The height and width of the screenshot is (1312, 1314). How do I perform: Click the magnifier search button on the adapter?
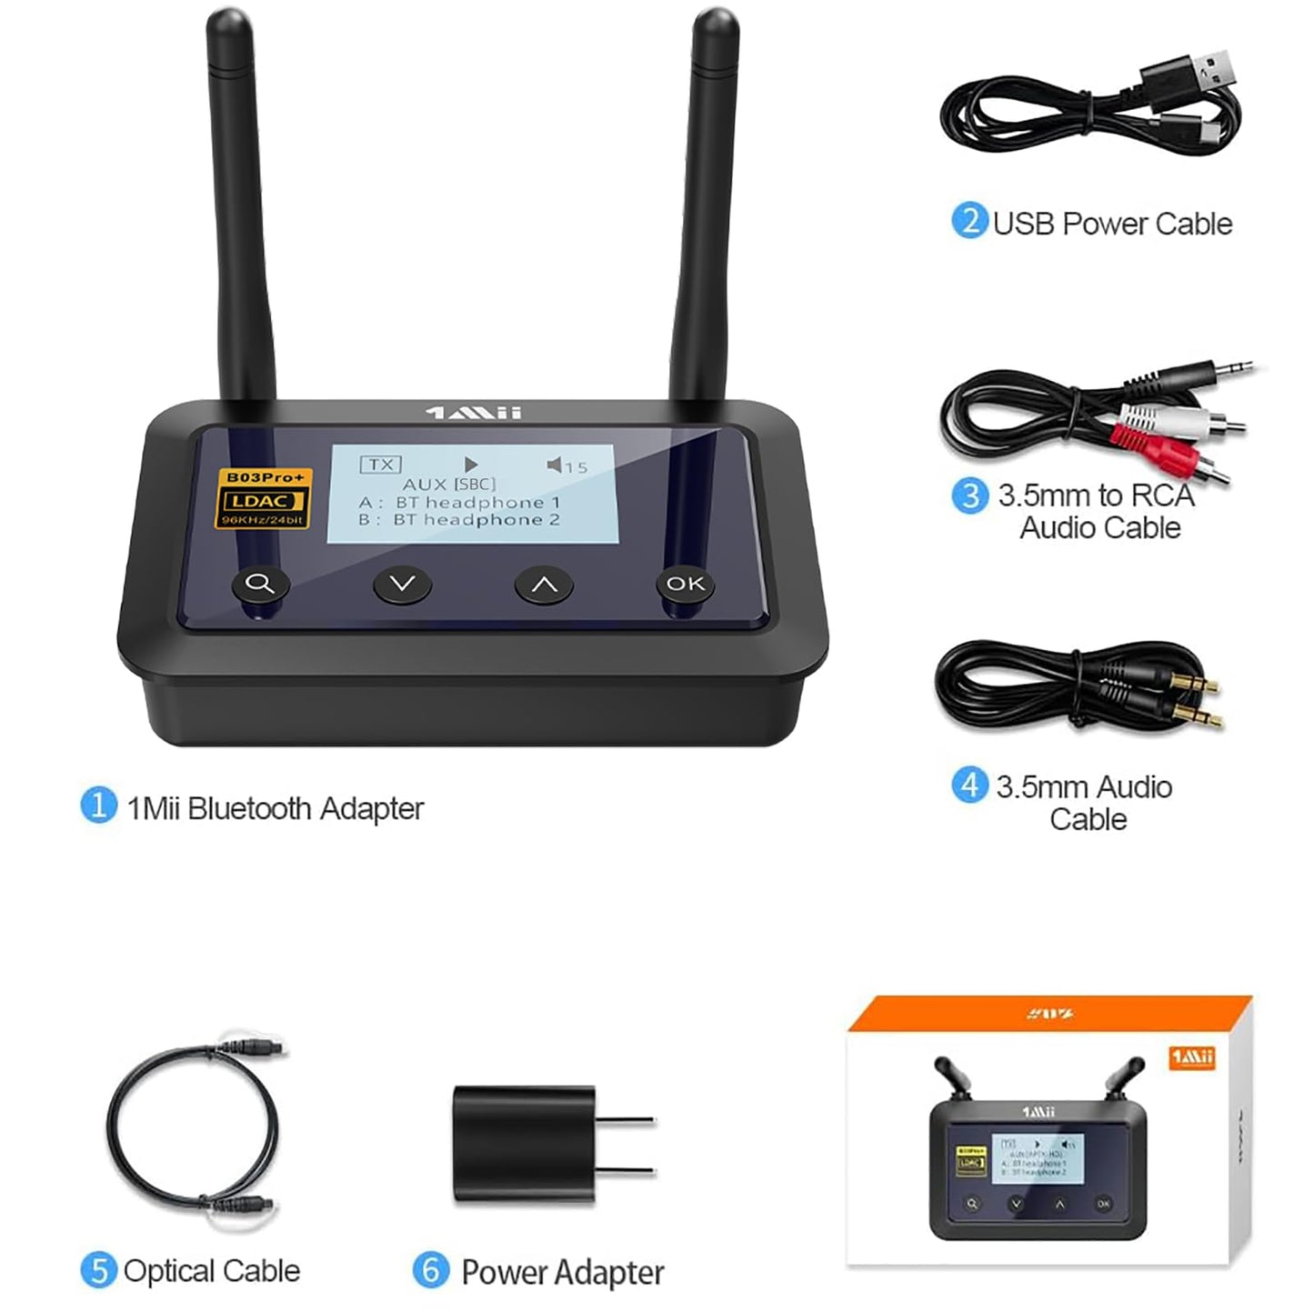[260, 584]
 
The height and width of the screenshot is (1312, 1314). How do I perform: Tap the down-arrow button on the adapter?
[402, 584]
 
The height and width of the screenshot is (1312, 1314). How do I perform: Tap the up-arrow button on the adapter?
[544, 585]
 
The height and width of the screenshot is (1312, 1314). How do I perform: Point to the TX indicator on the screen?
[380, 465]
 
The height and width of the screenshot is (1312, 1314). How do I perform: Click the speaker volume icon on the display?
[554, 466]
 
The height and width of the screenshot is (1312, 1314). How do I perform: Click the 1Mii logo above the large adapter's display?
[474, 413]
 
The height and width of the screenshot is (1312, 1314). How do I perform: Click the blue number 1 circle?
[98, 805]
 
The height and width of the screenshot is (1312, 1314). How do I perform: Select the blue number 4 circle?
[969, 785]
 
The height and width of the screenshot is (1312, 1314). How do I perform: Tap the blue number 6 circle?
[431, 1269]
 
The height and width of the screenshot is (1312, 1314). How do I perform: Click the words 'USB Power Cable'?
[1111, 224]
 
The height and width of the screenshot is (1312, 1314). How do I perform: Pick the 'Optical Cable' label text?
[211, 1270]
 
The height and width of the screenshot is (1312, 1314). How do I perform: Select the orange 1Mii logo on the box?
[1191, 1057]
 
